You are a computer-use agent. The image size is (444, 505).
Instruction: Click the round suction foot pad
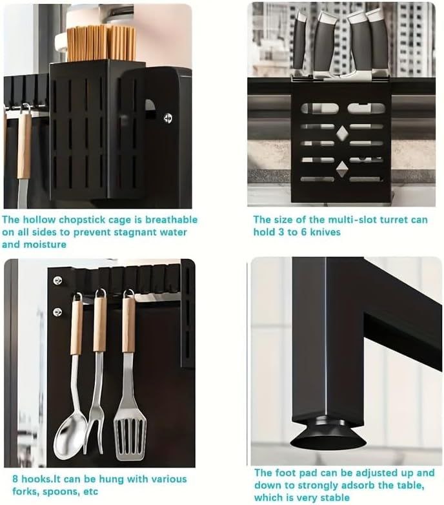328,433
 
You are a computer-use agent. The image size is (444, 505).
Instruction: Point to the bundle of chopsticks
101,43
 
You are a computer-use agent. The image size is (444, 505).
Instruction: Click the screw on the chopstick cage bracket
167,119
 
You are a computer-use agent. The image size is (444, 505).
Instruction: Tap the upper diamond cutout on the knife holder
341,134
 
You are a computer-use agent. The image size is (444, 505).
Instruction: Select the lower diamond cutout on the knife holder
342,169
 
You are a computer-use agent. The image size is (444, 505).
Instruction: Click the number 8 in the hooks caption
15,479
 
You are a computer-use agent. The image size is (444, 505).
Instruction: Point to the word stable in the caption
334,497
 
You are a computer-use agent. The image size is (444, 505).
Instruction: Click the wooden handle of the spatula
128,325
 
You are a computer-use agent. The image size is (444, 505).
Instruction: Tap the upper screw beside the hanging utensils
57,280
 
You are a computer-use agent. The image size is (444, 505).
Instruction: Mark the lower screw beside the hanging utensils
57,311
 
